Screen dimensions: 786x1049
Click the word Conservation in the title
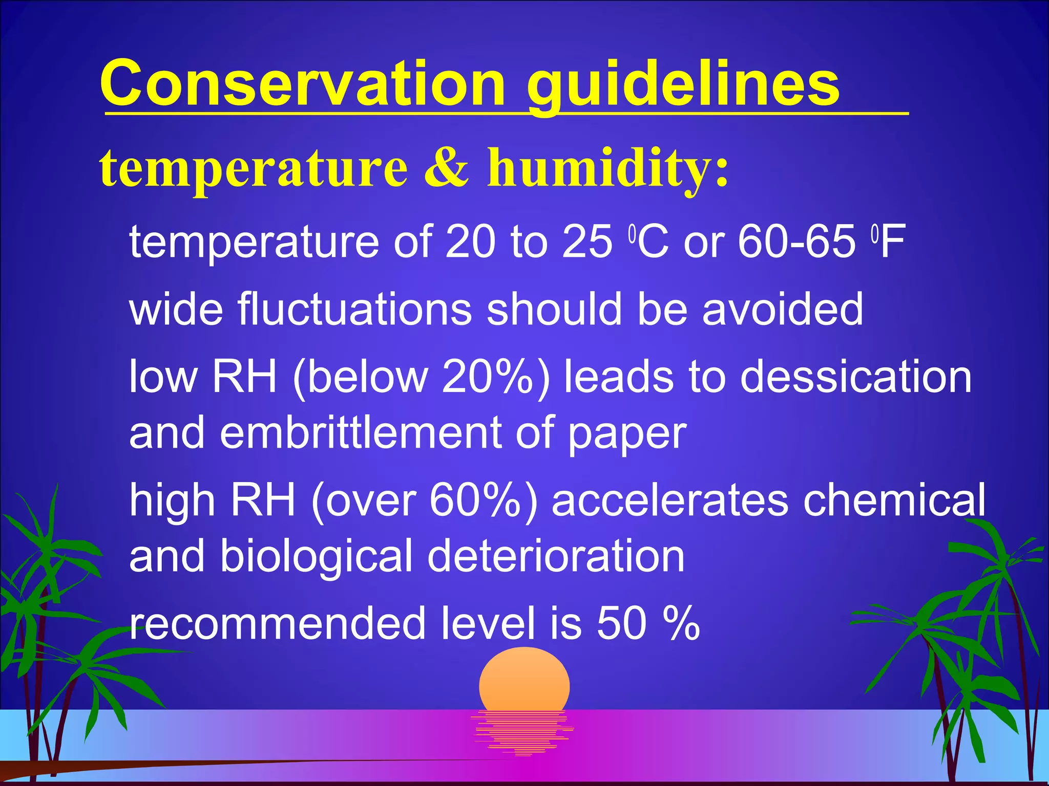(302, 83)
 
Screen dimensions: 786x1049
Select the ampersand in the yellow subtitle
(446, 167)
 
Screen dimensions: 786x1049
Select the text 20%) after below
(496, 377)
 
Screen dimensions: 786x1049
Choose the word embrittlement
(361, 433)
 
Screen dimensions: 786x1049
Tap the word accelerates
(670, 500)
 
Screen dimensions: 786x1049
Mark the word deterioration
(556, 556)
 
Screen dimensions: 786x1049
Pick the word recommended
(277, 623)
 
